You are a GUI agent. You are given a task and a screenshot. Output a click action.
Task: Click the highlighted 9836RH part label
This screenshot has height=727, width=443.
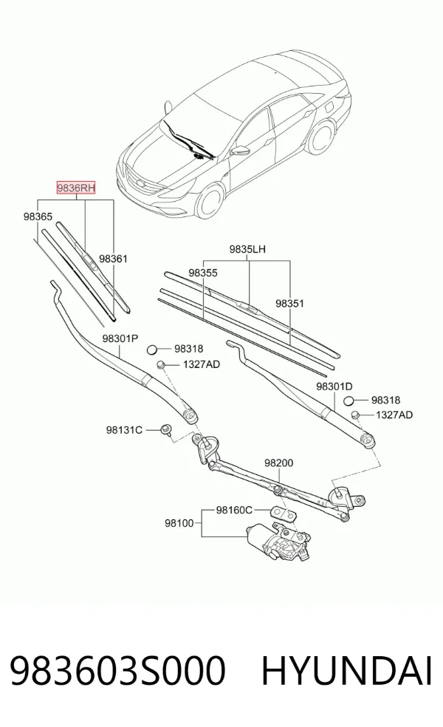(76, 188)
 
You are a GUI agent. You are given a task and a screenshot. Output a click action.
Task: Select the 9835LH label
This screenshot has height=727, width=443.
(247, 249)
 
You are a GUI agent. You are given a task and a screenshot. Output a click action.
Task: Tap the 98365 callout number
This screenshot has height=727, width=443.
(38, 216)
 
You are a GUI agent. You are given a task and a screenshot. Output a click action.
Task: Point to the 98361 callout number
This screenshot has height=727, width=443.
(113, 259)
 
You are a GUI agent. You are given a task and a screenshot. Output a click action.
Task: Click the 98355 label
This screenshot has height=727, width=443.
(203, 273)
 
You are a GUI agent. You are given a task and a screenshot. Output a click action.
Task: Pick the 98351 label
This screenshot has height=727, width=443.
(289, 303)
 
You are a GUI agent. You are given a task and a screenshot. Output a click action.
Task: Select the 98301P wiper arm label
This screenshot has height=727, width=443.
(120, 338)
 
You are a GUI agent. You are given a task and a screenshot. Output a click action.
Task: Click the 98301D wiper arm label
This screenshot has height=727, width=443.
(334, 386)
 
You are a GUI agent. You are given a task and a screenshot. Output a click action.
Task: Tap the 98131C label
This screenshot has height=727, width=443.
(124, 430)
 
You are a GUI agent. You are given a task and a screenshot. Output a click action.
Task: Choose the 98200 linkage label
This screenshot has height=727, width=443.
(279, 463)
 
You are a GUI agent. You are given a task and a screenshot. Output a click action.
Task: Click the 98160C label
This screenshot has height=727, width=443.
(234, 510)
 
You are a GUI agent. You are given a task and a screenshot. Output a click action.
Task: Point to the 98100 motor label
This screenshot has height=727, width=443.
(179, 523)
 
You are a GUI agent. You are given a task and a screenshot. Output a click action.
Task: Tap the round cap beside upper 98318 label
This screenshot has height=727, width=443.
(154, 349)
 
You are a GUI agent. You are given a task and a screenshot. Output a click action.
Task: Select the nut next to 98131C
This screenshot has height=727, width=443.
(165, 430)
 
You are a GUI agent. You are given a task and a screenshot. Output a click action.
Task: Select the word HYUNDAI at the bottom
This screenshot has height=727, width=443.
(347, 670)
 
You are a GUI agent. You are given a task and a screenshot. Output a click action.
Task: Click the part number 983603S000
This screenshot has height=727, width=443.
(117, 670)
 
